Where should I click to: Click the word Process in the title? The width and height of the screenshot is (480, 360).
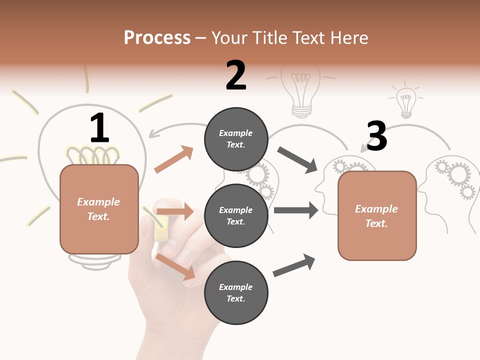(157, 37)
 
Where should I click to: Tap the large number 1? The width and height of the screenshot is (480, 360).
(99, 128)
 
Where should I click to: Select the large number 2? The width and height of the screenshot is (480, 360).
(236, 75)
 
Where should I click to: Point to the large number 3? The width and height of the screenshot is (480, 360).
(376, 136)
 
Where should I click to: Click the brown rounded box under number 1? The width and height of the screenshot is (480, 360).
(99, 209)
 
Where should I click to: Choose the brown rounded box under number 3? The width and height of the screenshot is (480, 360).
(377, 216)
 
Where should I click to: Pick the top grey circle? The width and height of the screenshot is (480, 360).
(236, 139)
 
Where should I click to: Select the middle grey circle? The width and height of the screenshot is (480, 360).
(236, 216)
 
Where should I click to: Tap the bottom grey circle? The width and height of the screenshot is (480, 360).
(236, 293)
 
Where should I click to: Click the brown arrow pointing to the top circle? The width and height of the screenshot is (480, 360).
(174, 159)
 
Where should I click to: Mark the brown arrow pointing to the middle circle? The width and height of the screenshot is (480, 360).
(175, 211)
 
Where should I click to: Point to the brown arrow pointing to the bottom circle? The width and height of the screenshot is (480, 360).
(175, 266)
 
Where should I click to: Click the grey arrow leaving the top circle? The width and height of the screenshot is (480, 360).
(297, 160)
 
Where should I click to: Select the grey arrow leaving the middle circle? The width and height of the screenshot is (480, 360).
(296, 210)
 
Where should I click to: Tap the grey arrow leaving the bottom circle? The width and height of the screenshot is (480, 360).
(294, 265)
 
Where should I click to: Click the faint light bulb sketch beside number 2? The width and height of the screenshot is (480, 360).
(301, 90)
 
